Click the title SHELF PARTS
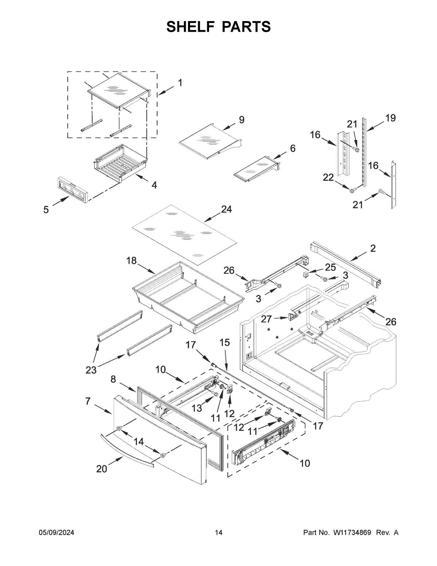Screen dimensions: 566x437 (219, 27)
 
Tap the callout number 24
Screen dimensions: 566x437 (226, 210)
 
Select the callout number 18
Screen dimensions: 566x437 (131, 261)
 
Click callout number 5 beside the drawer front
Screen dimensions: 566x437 (46, 210)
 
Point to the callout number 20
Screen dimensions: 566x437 (102, 469)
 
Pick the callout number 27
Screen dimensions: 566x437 (267, 319)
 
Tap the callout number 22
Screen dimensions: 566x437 (328, 177)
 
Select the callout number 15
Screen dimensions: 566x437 (225, 342)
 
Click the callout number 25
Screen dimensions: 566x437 (330, 267)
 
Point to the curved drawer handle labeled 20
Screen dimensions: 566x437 (127, 448)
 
